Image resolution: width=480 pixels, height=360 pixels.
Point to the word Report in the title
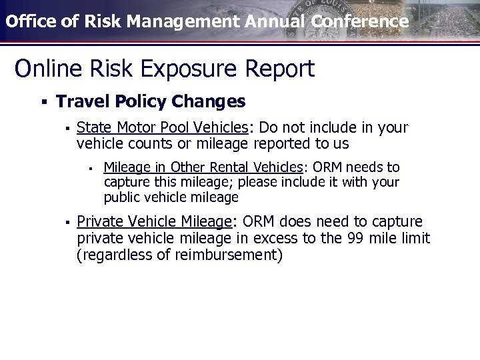[x=280, y=68]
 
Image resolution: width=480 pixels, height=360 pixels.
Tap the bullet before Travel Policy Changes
[x=43, y=102]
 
